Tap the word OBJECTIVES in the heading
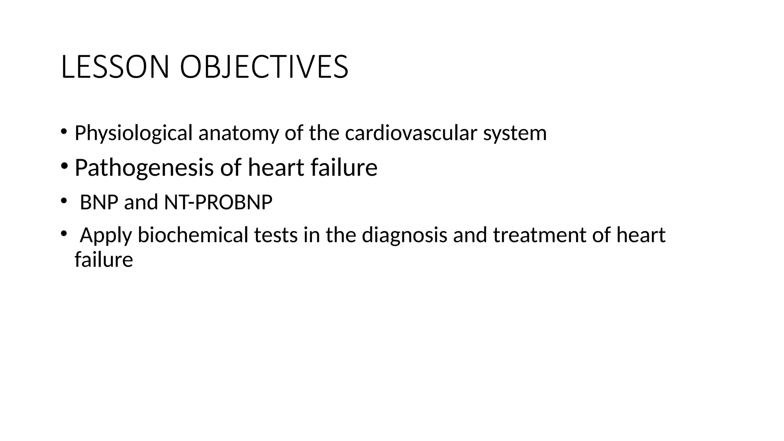[x=264, y=67]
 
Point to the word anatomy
[x=238, y=133]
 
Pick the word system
[x=514, y=133]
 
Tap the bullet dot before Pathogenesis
[x=64, y=166]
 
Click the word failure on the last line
[x=104, y=260]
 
